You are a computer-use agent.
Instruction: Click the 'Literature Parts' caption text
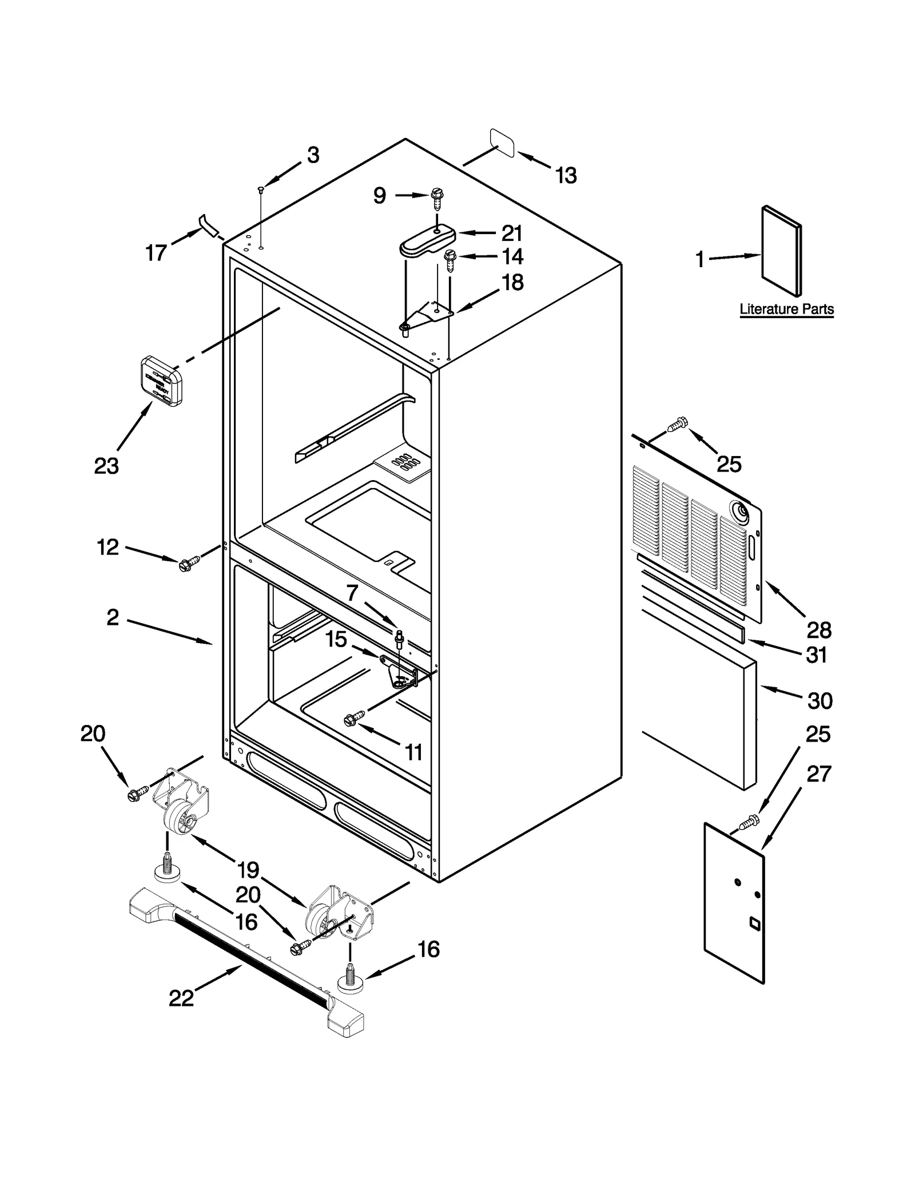786,309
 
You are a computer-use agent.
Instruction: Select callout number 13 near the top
566,176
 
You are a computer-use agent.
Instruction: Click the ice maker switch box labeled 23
161,381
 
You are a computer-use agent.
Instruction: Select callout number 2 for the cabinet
113,617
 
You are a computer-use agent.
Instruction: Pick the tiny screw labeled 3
261,189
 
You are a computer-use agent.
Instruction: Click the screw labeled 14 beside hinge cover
450,260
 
